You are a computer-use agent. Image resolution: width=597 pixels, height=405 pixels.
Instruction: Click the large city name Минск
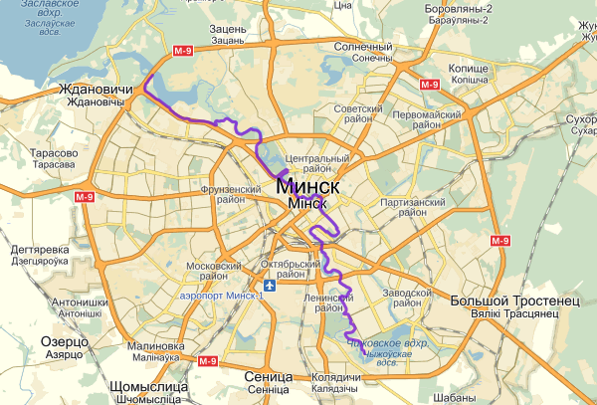click(309, 187)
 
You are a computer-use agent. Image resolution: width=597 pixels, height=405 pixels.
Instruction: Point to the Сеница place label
click(268, 378)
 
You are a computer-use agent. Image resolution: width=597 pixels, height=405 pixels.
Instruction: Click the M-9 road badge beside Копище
click(430, 85)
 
